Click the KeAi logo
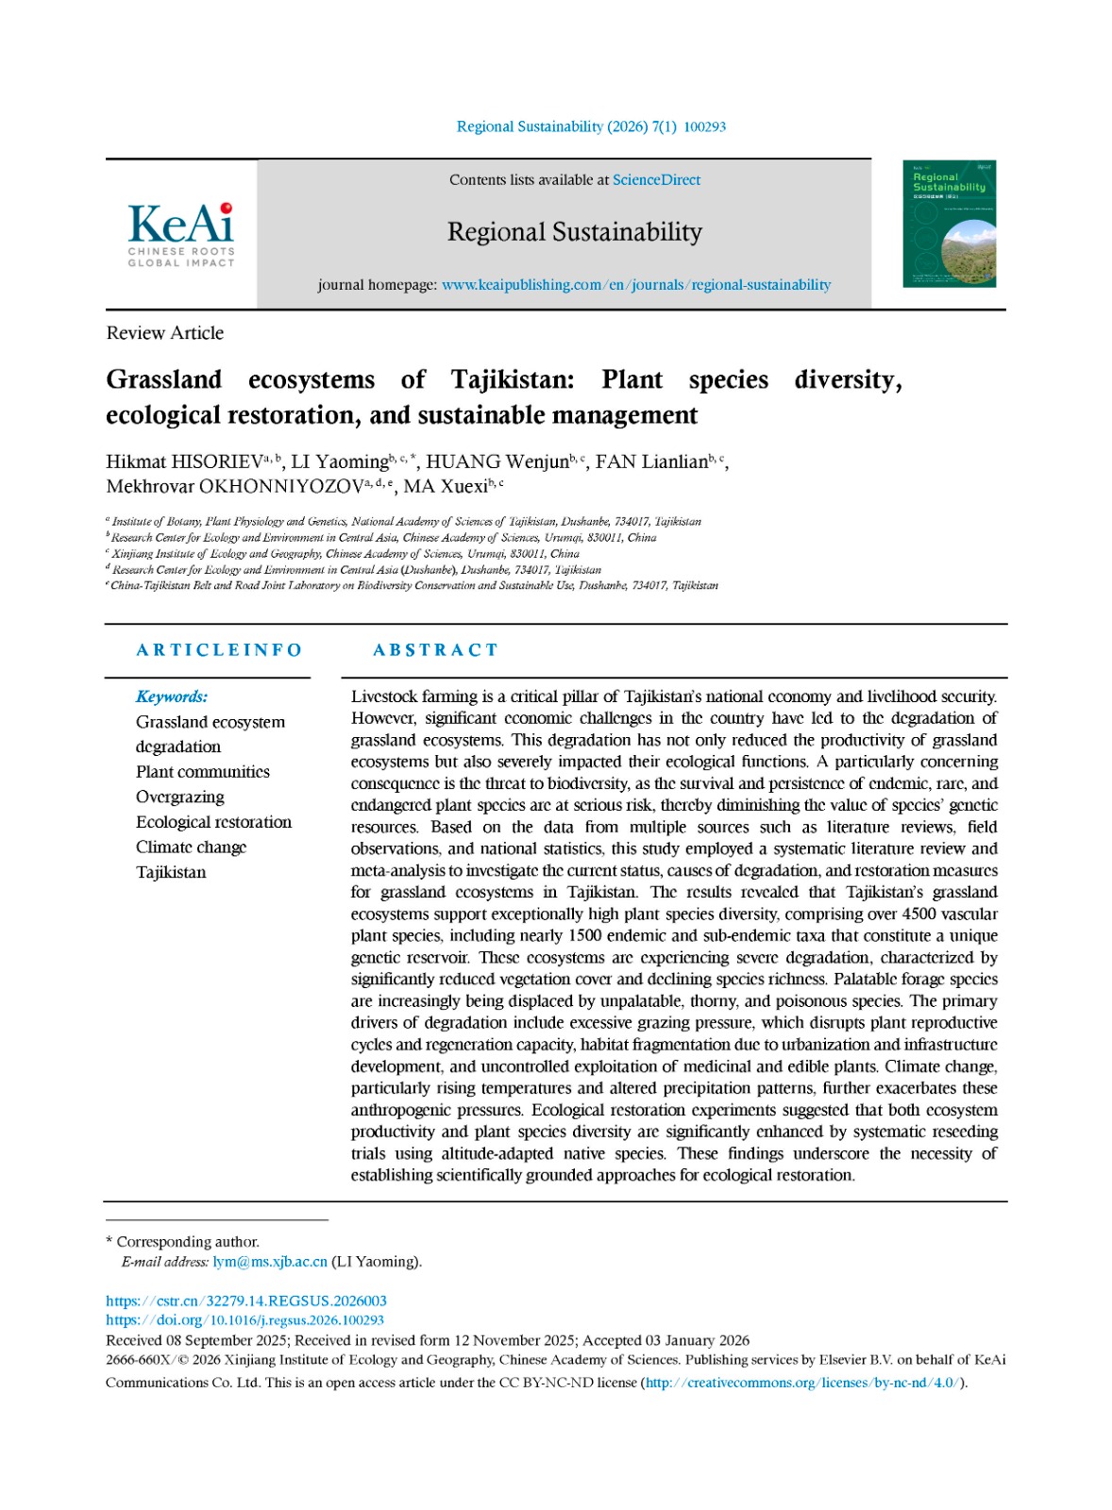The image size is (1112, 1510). [180, 234]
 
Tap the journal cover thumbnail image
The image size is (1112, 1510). [949, 224]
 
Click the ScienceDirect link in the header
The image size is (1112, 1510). [656, 180]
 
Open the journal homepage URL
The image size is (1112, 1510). [636, 285]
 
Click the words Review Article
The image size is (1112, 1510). [165, 333]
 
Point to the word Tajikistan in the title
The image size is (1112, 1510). [512, 379]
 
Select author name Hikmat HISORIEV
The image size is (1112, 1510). [184, 462]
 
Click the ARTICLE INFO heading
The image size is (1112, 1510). [219, 650]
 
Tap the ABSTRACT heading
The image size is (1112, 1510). [435, 650]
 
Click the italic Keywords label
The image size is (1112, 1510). [172, 696]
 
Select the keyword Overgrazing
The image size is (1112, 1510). [180, 797]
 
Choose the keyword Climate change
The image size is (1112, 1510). [192, 847]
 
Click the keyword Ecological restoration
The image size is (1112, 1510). [214, 822]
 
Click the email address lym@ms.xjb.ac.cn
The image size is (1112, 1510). [270, 1262]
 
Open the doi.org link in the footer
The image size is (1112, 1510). [244, 1320]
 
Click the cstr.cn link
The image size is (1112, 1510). [246, 1301]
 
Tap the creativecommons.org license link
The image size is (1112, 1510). [802, 1383]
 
